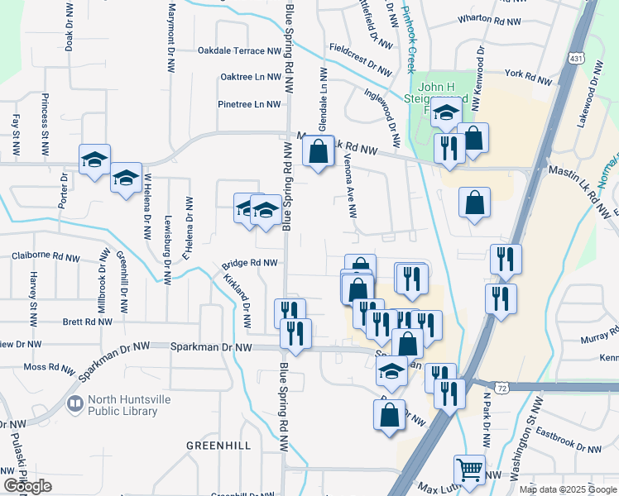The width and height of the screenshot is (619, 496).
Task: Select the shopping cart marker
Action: [470, 470]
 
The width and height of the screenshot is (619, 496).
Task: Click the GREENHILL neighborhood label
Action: [218, 445]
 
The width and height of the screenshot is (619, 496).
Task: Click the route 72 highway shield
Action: [501, 387]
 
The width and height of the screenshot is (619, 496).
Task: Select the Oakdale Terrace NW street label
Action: [239, 50]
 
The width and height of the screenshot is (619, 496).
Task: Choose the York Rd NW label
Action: [527, 78]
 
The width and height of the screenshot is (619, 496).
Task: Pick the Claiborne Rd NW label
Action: [46, 258]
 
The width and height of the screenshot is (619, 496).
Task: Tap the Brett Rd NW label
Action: [82, 322]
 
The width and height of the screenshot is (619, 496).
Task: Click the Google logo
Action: [28, 486]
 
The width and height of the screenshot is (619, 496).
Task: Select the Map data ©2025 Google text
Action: [568, 489]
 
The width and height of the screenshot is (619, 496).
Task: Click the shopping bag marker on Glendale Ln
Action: [319, 152]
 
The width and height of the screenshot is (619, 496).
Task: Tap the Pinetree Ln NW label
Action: [249, 104]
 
